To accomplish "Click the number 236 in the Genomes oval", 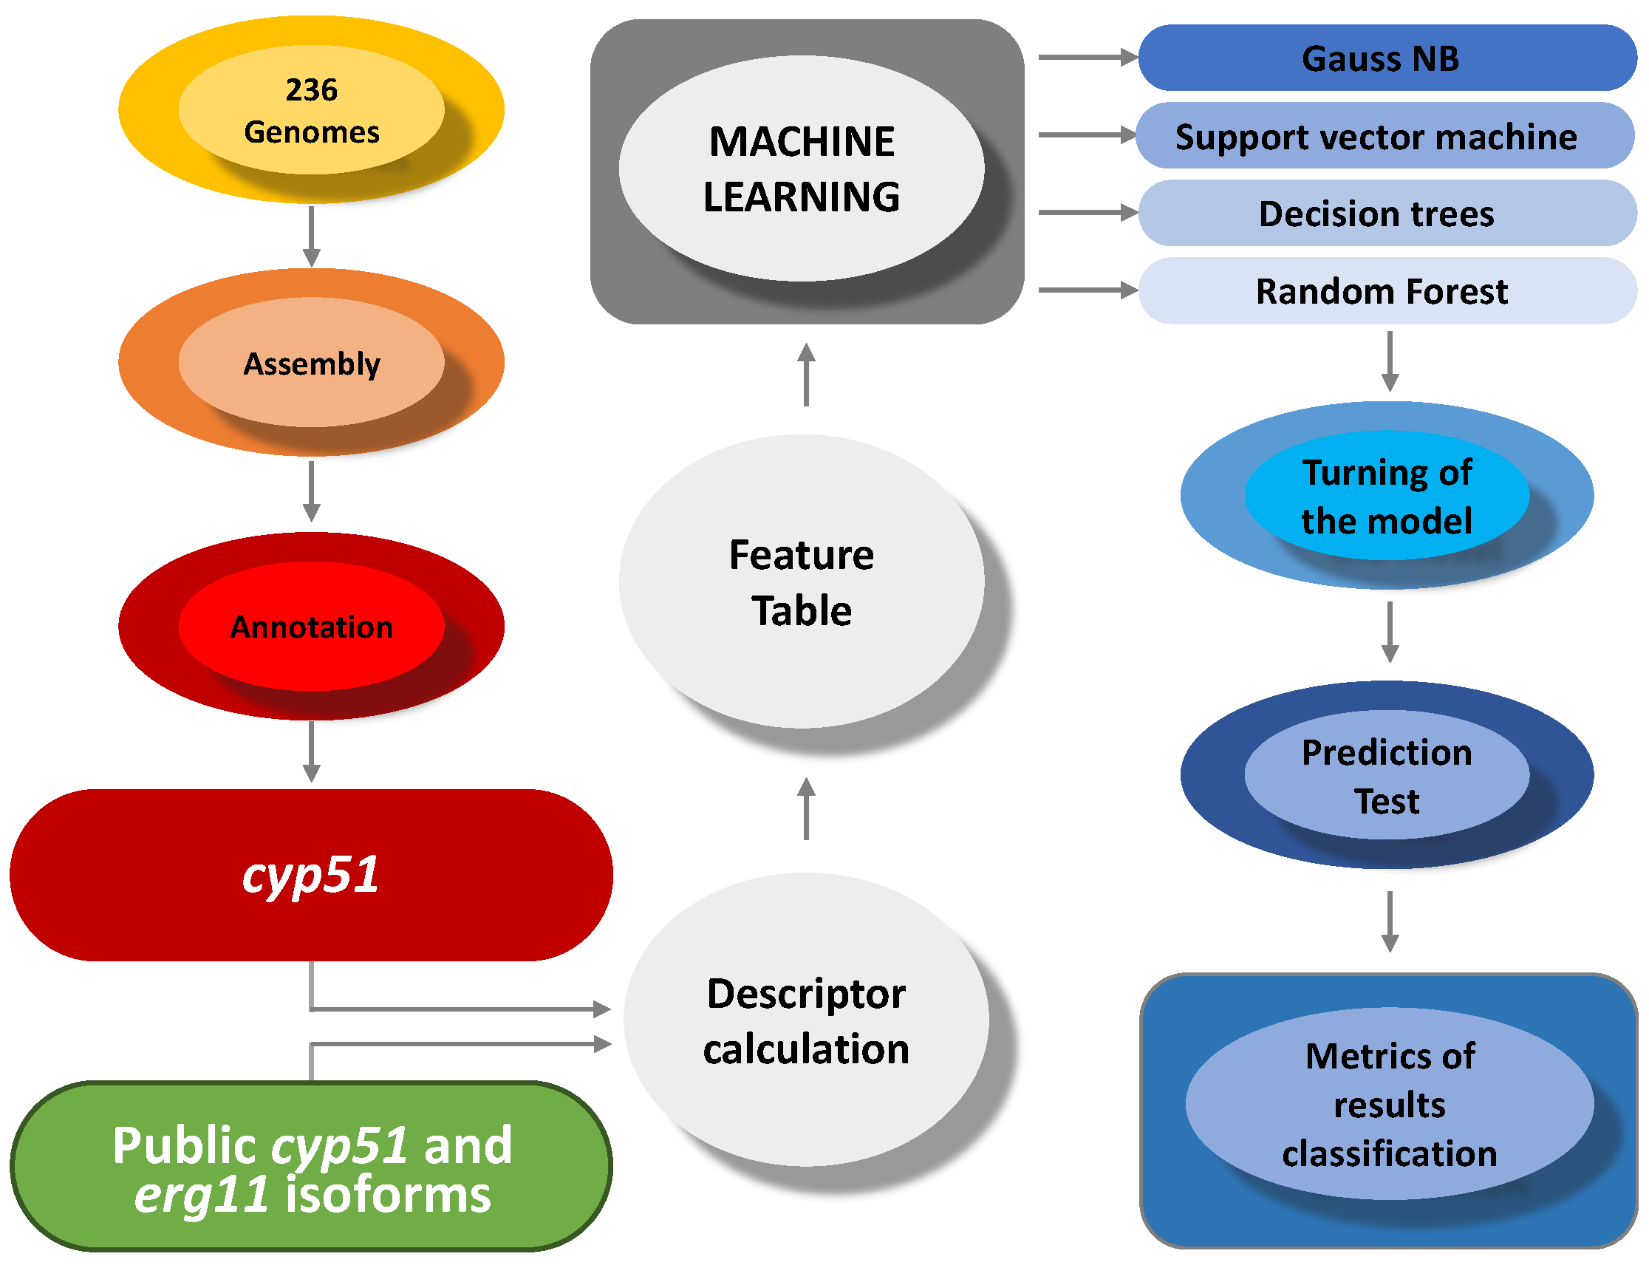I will [311, 89].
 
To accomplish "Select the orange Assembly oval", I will [311, 363].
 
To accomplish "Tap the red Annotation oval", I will [311, 627].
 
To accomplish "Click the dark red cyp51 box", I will [311, 875].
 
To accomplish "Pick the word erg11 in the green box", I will [201, 1195].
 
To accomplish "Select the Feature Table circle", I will [801, 582].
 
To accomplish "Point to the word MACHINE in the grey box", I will [801, 142].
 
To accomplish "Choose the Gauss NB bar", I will [1386, 58].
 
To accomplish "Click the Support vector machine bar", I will [1384, 136].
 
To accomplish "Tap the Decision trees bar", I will [1386, 213].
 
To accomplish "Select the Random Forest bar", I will [1386, 291].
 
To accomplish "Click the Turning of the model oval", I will [1386, 496].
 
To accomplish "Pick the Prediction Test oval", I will [1386, 776].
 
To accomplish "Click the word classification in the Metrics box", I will [1389, 1153].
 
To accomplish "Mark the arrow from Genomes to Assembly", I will [311, 236].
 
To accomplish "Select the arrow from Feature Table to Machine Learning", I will [806, 374].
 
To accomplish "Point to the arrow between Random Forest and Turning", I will [1390, 361].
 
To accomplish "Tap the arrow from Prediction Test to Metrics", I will [1390, 921].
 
